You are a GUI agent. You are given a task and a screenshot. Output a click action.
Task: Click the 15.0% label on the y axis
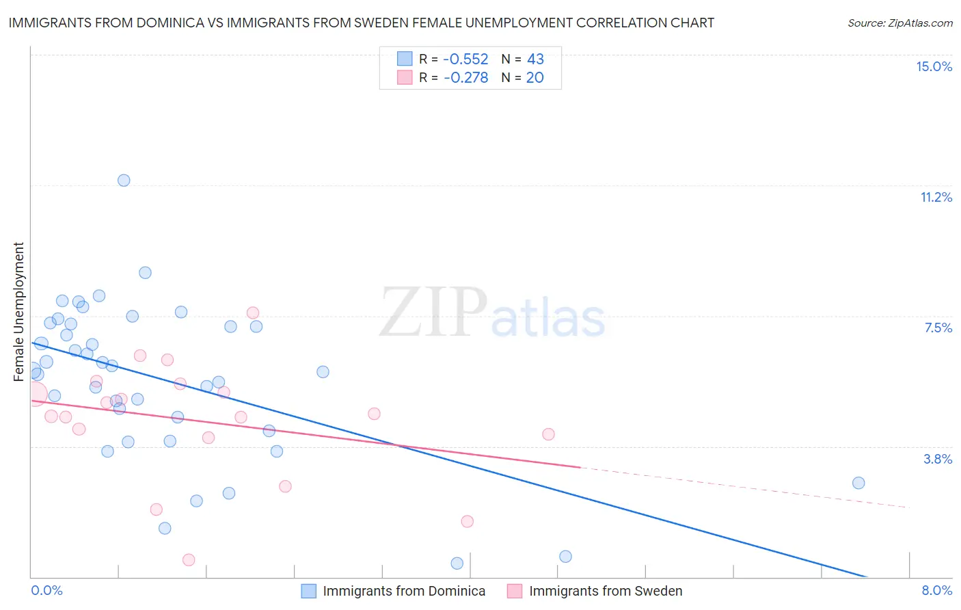tap(934, 66)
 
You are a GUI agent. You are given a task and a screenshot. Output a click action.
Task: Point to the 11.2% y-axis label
tap(936, 197)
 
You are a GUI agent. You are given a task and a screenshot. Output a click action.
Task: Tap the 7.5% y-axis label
tap(938, 328)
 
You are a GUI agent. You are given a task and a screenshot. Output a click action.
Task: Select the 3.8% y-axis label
tap(938, 459)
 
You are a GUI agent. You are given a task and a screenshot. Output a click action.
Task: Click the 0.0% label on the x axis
tap(46, 590)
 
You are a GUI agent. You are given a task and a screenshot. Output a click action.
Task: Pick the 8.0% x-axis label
tap(936, 590)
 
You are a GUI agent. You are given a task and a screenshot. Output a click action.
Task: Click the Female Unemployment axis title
tap(18, 311)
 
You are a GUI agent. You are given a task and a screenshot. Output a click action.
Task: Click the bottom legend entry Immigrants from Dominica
tap(403, 591)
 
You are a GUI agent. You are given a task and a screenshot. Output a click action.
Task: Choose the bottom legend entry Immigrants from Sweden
tap(605, 591)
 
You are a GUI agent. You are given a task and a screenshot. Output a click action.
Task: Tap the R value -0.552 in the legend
tap(465, 59)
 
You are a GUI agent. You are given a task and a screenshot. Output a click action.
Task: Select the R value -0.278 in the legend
tap(465, 77)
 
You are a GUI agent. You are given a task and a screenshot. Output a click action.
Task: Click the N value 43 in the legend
tap(535, 59)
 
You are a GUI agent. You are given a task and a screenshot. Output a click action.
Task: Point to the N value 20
tap(534, 77)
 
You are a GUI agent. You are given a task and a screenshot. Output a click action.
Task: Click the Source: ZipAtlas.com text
tap(899, 23)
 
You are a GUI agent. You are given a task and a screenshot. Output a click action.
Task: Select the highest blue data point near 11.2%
tap(124, 181)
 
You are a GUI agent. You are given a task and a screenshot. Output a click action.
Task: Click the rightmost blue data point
tap(858, 483)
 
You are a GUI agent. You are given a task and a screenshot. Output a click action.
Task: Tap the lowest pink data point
tap(189, 560)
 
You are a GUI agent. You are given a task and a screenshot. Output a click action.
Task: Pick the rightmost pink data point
tap(548, 434)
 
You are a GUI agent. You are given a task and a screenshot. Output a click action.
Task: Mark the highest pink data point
tap(253, 313)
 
